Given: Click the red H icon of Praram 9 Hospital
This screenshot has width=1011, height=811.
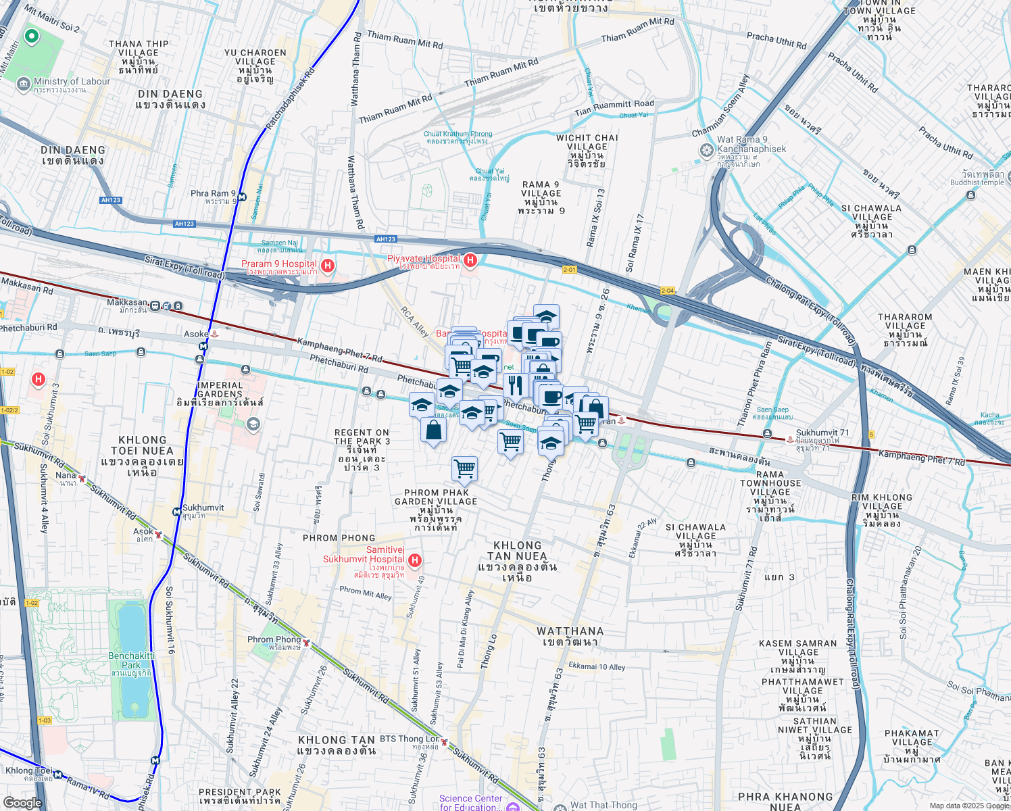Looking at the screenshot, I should (328, 265).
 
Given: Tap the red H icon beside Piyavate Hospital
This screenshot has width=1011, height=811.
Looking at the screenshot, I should (470, 260).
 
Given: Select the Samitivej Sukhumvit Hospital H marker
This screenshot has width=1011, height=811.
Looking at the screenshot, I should (415, 560).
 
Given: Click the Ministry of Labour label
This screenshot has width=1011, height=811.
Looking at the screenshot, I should (72, 82).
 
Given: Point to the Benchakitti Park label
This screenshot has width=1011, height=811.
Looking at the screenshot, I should (131, 660).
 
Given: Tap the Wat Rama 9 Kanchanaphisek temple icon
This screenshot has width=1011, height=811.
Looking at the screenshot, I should (707, 149).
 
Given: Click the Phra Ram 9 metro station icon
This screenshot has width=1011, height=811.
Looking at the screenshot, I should (242, 197).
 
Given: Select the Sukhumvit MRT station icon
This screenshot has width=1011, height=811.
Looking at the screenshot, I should (176, 512).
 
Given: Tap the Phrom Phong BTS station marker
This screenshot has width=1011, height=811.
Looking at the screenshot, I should (306, 643).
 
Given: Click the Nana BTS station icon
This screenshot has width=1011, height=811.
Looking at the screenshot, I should (82, 478).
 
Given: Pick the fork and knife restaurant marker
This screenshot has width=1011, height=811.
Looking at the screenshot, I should (516, 386).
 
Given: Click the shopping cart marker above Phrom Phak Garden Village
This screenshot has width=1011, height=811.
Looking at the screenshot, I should (464, 468).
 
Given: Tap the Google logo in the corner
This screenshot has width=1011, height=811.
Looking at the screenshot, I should (22, 803).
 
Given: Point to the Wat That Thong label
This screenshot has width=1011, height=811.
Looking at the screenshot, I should (603, 805).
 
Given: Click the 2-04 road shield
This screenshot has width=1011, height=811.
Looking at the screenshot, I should (668, 291).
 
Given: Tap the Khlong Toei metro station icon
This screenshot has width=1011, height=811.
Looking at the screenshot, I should (58, 775).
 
